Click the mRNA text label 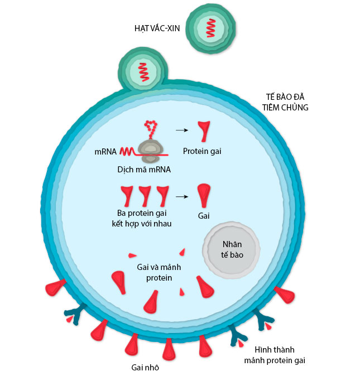point(105,151)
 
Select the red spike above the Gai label point(204,196)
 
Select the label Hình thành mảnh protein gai point(275,355)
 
